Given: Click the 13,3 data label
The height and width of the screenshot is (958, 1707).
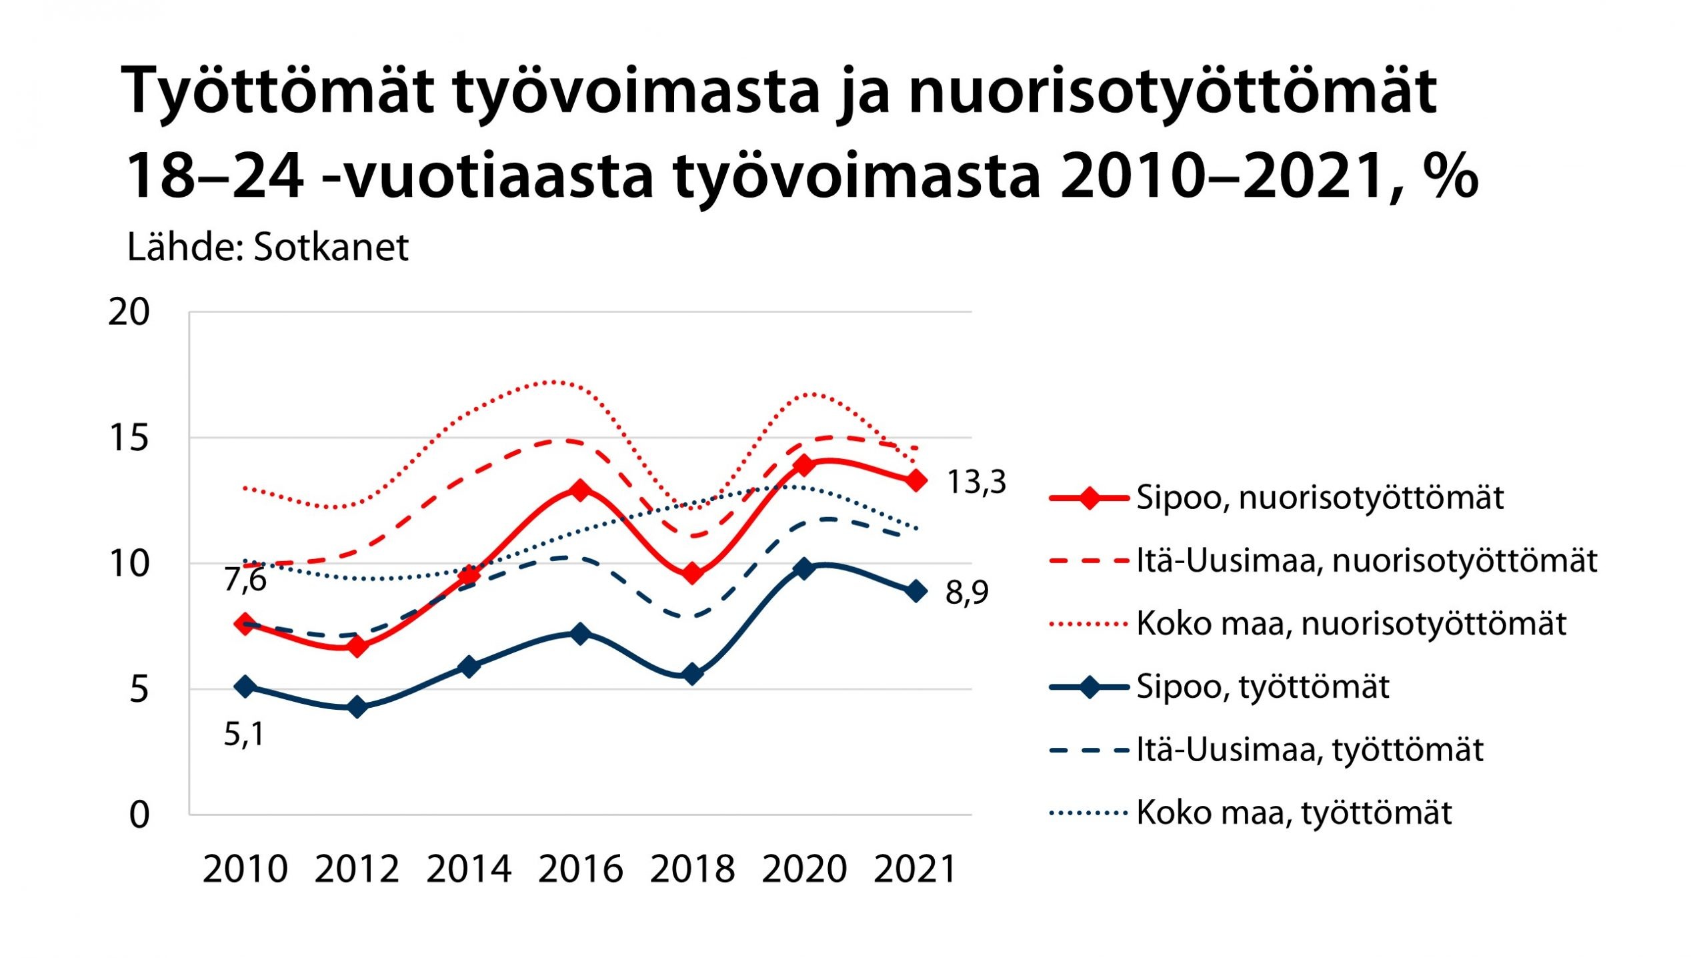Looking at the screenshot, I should [x=976, y=482].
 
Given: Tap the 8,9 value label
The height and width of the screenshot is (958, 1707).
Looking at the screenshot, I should [x=967, y=592].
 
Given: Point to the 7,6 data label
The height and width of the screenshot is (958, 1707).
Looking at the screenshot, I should [x=245, y=579].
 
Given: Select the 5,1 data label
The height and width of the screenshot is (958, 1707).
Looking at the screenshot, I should [x=244, y=735].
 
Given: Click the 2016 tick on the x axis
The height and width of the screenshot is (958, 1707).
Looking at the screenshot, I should [x=580, y=869].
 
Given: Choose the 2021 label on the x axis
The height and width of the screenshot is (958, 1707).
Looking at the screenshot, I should [x=916, y=869].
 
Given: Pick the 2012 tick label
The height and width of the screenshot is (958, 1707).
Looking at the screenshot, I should [x=357, y=869].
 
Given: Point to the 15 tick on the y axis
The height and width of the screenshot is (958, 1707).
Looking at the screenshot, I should [x=129, y=438].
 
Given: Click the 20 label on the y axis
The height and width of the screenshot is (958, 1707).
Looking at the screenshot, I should [x=129, y=312].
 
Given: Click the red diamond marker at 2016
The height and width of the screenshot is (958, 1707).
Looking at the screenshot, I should [x=580, y=490].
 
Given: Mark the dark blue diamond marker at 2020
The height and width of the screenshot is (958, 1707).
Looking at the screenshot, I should [x=804, y=568].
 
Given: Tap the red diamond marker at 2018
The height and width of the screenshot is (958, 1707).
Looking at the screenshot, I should [x=692, y=573].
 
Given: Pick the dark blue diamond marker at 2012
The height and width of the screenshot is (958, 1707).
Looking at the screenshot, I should [x=357, y=706].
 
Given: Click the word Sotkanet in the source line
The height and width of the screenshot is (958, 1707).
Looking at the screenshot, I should [x=331, y=248].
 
